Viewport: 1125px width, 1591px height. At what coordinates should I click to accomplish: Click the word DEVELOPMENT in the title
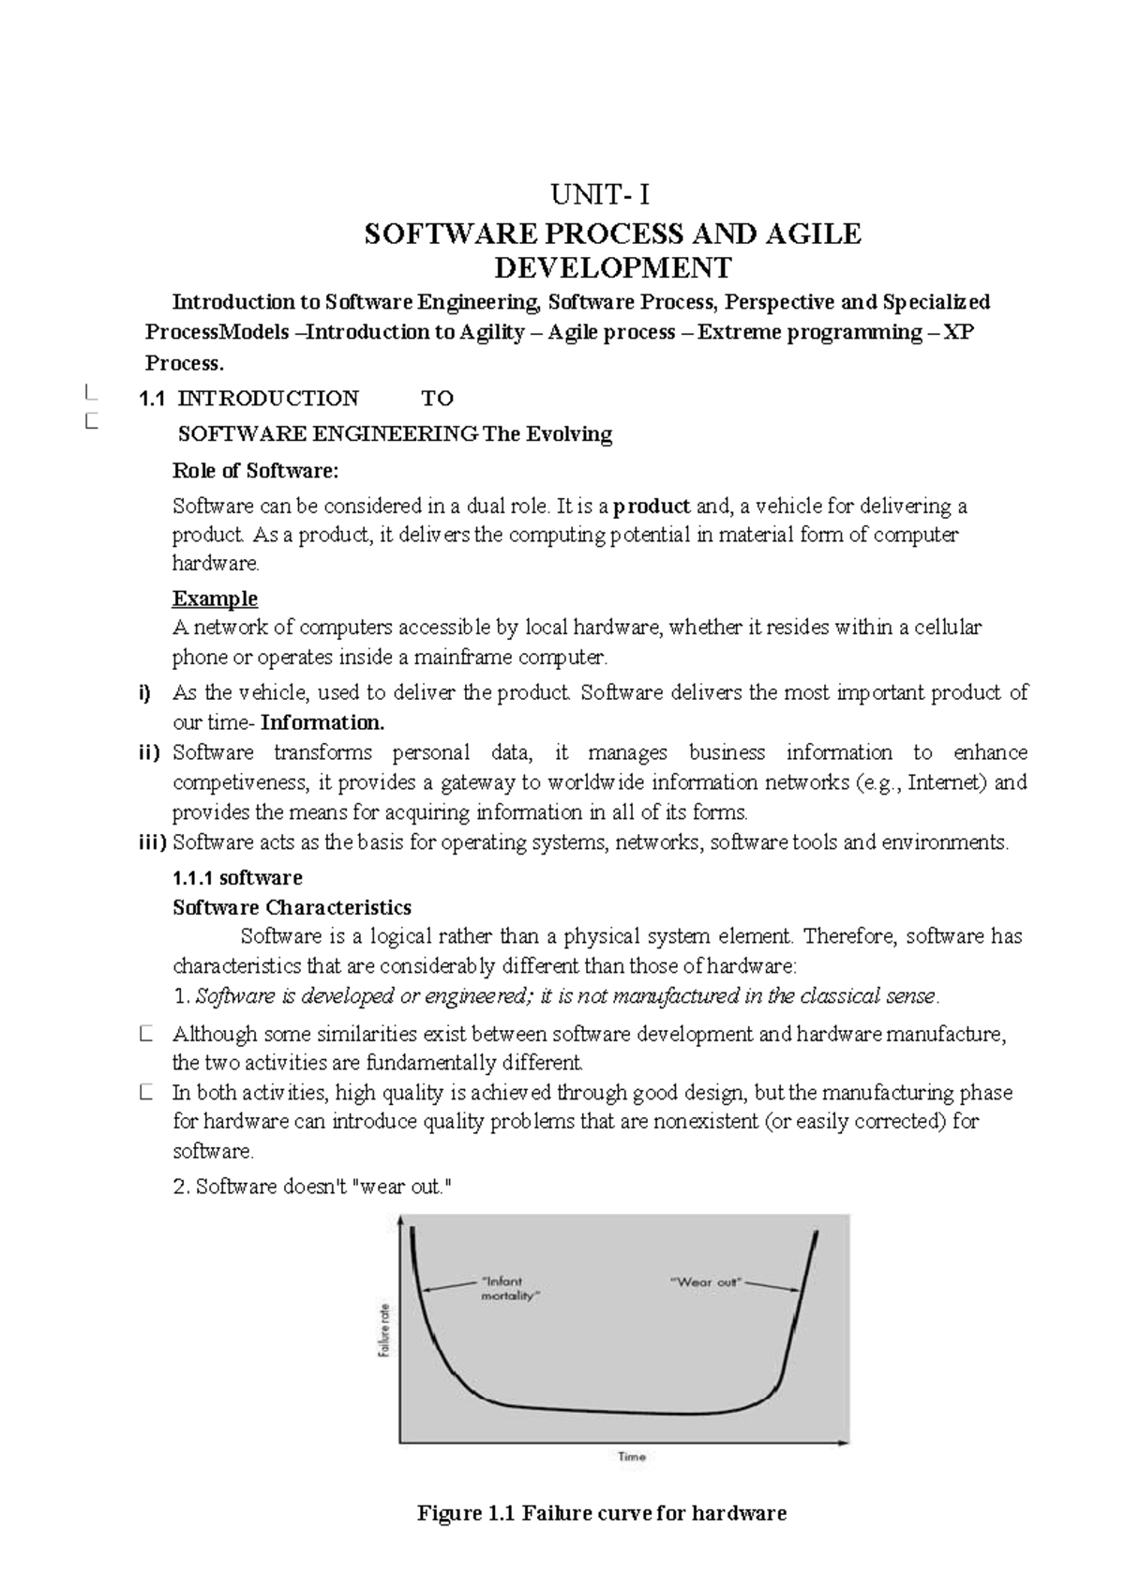coord(612,267)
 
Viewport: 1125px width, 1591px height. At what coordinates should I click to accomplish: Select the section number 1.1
coord(151,399)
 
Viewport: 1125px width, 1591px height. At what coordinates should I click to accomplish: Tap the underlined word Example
coord(215,599)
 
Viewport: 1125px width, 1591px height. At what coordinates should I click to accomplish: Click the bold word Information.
coord(322,722)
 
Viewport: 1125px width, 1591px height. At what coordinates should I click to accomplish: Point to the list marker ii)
coord(146,752)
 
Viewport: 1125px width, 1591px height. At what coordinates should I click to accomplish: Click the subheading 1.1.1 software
coord(237,877)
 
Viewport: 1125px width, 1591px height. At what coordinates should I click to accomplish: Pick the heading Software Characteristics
coord(292,907)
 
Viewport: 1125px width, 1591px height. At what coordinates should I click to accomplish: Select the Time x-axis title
coord(631,1457)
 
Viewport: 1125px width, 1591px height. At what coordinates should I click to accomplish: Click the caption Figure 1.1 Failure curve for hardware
coord(601,1513)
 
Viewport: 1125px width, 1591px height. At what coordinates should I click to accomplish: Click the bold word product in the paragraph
coord(652,507)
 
